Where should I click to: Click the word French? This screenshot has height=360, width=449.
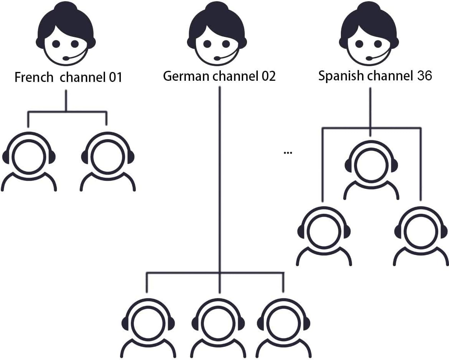[x=34, y=77]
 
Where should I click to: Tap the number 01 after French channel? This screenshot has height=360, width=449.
[x=115, y=77]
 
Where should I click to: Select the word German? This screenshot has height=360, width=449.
[x=187, y=76]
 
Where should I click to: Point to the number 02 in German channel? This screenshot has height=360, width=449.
[x=268, y=76]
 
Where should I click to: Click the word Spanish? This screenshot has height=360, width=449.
[x=341, y=75]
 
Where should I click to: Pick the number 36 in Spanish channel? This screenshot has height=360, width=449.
[x=424, y=75]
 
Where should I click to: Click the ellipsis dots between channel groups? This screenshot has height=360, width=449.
[x=288, y=153]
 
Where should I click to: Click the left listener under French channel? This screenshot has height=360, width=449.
[x=29, y=162]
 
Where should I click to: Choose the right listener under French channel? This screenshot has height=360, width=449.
[x=108, y=162]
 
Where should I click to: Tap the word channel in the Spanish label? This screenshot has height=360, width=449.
[x=388, y=75]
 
